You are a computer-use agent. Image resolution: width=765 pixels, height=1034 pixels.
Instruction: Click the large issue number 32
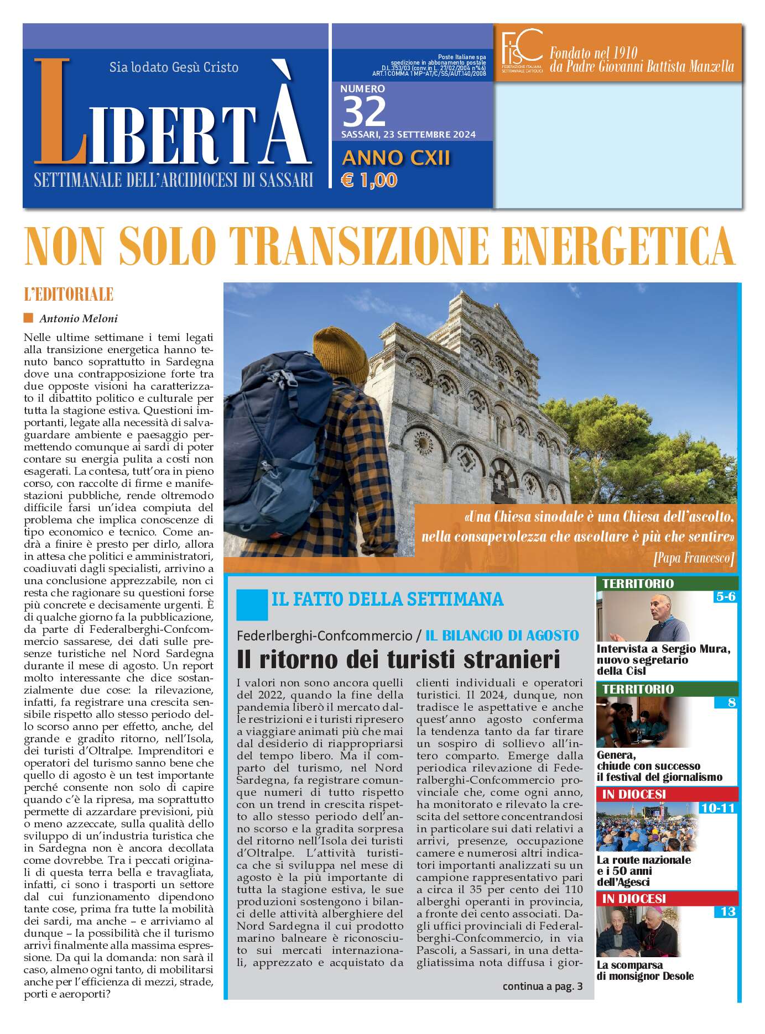[364, 112]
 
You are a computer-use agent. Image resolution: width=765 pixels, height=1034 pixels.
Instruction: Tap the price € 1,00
[369, 180]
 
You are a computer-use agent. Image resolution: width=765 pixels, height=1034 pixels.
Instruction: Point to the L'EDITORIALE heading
[69, 294]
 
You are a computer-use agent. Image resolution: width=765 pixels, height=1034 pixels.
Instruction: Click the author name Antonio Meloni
[79, 318]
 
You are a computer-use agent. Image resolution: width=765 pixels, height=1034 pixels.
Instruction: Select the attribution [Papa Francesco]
[694, 558]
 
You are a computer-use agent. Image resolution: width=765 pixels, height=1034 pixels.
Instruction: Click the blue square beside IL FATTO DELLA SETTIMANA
[252, 604]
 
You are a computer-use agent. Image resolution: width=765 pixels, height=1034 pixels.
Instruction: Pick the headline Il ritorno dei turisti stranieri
[398, 659]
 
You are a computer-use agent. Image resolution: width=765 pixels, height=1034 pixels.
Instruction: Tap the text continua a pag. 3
[542, 986]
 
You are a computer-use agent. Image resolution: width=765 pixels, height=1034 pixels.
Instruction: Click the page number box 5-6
[725, 596]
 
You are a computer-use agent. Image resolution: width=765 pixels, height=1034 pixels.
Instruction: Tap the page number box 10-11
[717, 808]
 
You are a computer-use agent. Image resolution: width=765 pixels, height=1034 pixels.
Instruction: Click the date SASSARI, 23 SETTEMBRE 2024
[408, 135]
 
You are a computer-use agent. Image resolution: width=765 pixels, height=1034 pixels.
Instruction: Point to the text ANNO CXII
[396, 158]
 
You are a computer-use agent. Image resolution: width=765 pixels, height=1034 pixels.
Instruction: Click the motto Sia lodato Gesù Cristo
[174, 67]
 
